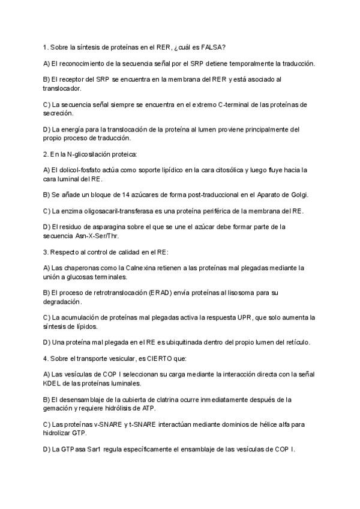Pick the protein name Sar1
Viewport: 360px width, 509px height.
[x=95, y=449]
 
